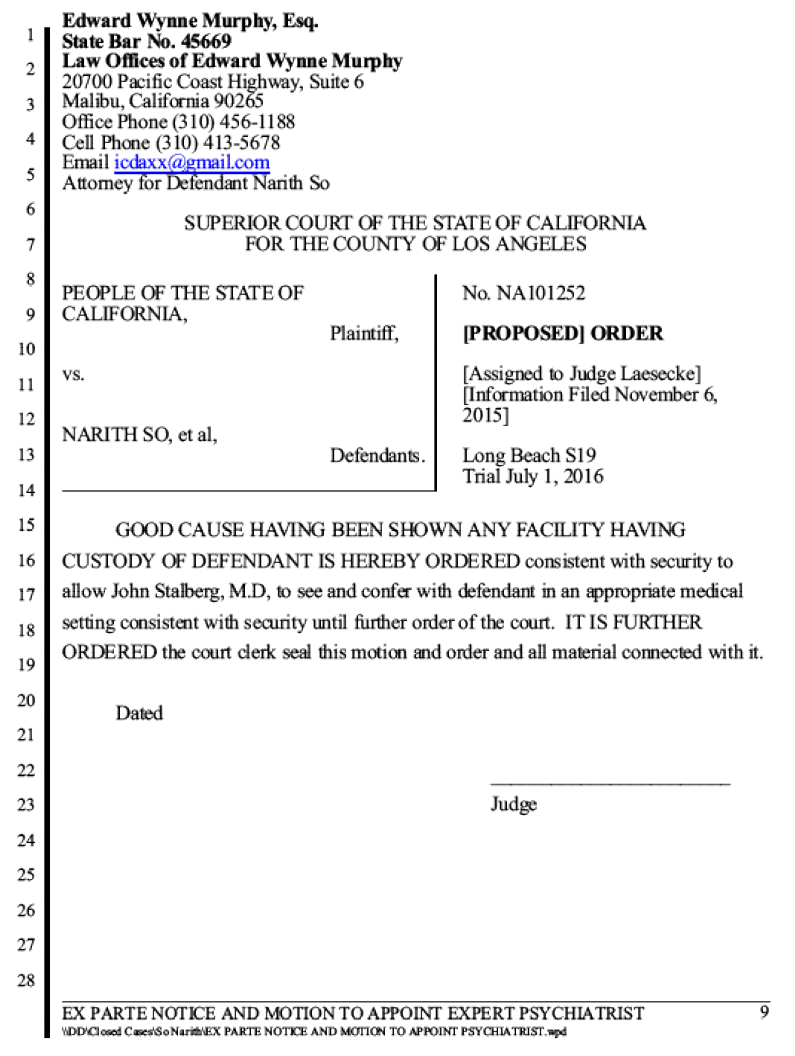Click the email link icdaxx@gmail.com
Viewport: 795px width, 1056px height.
(x=192, y=162)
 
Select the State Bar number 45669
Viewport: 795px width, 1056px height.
(x=205, y=41)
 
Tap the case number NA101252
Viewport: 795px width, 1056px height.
(x=540, y=293)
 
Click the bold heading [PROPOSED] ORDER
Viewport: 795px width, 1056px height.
(x=563, y=334)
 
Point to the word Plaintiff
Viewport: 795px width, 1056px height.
(x=363, y=333)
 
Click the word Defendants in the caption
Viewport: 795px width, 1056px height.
(x=377, y=455)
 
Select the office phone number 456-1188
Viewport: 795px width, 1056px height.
(x=257, y=121)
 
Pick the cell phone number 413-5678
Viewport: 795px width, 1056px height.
(x=241, y=142)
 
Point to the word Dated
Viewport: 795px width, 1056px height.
(x=139, y=713)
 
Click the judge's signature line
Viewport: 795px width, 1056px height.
(x=610, y=784)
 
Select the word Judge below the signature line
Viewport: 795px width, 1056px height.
(x=514, y=804)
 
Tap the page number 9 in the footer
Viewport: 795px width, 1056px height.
(x=764, y=1011)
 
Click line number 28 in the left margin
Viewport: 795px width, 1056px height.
(x=27, y=980)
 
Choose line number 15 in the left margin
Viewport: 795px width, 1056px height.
(x=27, y=524)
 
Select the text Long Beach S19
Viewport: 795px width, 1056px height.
(x=529, y=455)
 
